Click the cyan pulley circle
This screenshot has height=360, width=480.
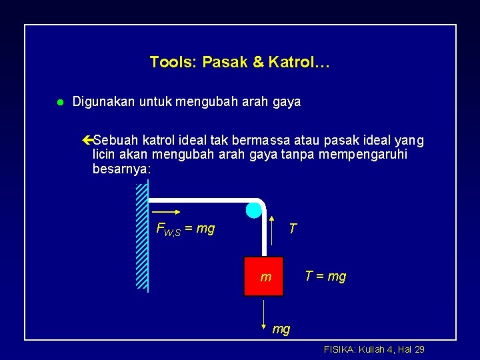[254, 210]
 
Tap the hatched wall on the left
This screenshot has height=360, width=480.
[141, 237]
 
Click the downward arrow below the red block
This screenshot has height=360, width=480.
[265, 310]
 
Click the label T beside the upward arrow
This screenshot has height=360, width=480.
[292, 229]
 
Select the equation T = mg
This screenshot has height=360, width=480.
[325, 276]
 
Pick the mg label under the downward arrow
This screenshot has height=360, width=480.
[281, 329]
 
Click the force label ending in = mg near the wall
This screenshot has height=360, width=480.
[185, 229]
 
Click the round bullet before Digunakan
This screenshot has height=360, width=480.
[59, 103]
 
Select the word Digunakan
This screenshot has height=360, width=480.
[103, 102]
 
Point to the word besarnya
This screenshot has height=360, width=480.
[121, 170]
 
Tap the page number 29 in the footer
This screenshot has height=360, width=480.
[419, 349]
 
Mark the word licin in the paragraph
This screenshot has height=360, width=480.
[104, 155]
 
